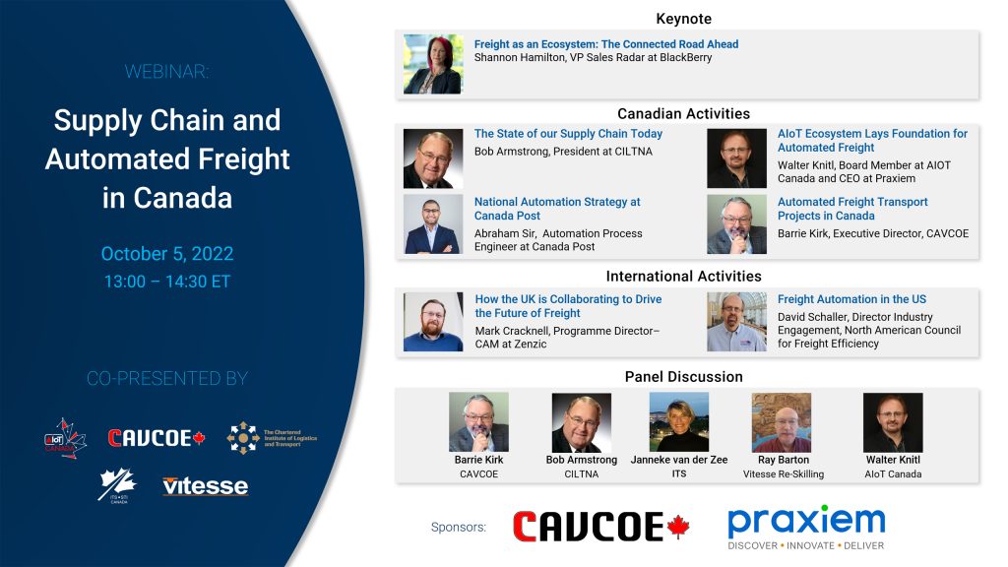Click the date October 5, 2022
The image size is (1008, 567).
167,254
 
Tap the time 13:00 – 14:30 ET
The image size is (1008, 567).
167,282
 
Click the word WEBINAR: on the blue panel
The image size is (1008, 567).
166,71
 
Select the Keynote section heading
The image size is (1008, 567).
683,19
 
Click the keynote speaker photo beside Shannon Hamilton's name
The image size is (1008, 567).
433,64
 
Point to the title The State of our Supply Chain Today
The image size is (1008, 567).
568,134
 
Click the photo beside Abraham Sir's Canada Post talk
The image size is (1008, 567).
433,224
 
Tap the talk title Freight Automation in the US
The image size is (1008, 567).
851,299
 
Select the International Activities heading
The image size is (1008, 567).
683,277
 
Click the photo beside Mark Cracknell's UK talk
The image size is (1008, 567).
433,322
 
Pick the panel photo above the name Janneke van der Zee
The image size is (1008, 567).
679,422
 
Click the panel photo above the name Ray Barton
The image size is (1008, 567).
782,422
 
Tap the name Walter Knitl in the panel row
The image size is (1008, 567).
893,460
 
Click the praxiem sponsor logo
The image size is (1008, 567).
806,528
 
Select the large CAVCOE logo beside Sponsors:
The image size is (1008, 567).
601,527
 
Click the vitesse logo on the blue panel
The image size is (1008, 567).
205,486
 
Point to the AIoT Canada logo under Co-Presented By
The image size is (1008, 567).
65,438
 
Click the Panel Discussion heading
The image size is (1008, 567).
683,377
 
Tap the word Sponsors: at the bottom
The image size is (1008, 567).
459,528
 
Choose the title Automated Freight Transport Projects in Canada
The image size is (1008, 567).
852,209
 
